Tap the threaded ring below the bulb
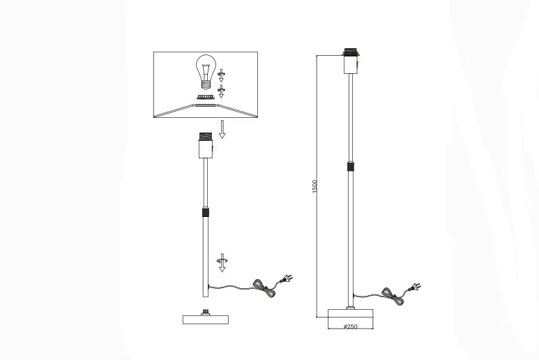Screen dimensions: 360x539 (206, 97)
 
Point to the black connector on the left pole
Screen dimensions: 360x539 (206, 213)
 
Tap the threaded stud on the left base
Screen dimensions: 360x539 (206, 311)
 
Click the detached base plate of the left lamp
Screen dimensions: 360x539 (206, 320)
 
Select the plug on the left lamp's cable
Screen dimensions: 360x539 (285, 281)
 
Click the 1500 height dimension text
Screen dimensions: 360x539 (315, 186)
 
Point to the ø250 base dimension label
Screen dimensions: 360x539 (351, 327)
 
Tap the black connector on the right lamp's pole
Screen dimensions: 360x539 (351, 167)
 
